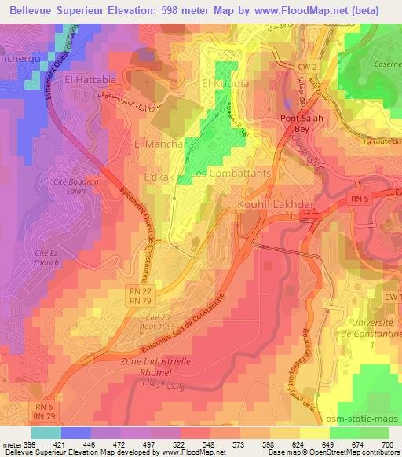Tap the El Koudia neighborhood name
(x=225, y=83)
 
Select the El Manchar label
(x=159, y=144)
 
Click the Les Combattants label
(x=232, y=173)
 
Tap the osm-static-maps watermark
(x=363, y=404)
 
